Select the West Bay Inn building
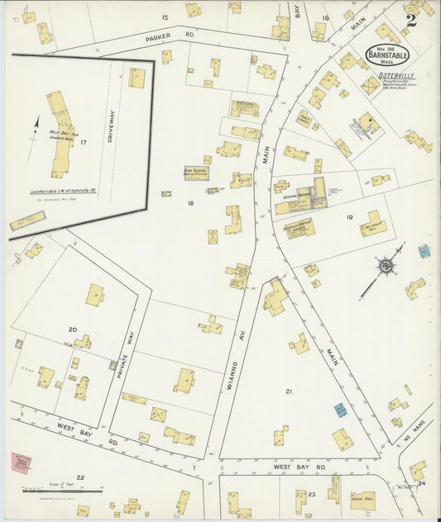(x=60, y=132)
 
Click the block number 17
(x=83, y=143)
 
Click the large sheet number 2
(x=410, y=20)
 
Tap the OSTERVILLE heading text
(x=395, y=76)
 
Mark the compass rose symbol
(x=386, y=266)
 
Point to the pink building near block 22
(x=22, y=463)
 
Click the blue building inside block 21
(x=339, y=409)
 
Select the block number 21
(x=289, y=391)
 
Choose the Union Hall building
(x=362, y=500)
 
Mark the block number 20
(x=72, y=329)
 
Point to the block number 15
(x=165, y=17)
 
